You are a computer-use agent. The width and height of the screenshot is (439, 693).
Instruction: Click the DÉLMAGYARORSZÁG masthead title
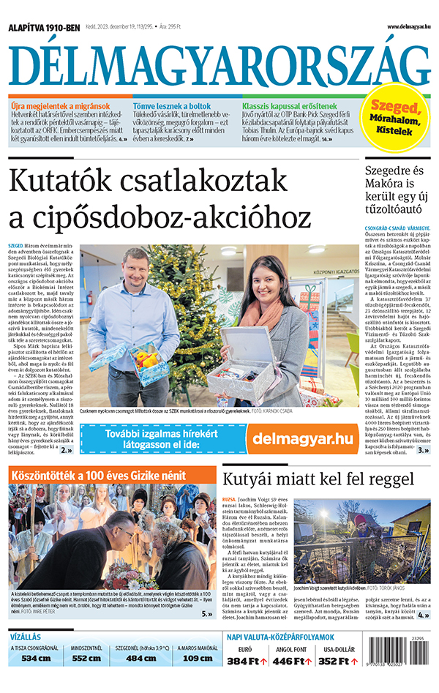(219, 64)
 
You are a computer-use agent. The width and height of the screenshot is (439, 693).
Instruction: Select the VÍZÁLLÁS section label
(25, 637)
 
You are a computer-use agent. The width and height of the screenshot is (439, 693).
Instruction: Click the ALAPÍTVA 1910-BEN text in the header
(43, 27)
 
